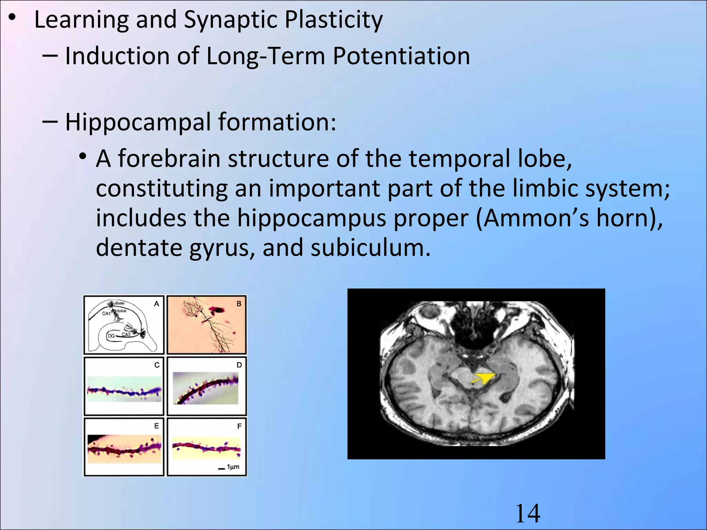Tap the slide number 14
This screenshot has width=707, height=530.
click(x=527, y=513)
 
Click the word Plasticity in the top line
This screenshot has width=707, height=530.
click(x=333, y=20)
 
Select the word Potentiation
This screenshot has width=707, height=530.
click(x=401, y=56)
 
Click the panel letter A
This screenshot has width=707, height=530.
click(x=156, y=304)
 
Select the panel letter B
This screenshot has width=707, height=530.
click(x=239, y=304)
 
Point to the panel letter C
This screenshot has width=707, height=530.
click(x=157, y=365)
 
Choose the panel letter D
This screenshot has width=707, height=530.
click(x=239, y=365)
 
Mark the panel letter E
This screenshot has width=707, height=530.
click(x=157, y=426)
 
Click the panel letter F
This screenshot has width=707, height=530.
click(x=239, y=426)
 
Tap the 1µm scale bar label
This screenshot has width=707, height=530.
click(x=233, y=467)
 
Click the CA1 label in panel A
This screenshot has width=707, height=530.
click(x=106, y=314)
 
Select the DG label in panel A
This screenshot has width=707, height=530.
click(x=111, y=336)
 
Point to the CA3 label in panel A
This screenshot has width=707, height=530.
click(x=126, y=334)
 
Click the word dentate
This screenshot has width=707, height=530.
click(x=139, y=248)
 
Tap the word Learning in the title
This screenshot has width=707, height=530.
click(x=81, y=20)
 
